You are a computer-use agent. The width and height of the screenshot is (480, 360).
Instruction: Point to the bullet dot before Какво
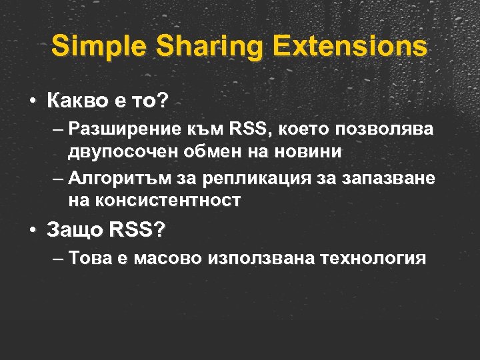[x=32, y=102]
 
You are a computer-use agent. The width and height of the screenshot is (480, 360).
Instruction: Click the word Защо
[x=74, y=230]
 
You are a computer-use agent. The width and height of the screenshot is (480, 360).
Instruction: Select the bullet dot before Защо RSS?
[x=32, y=231]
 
